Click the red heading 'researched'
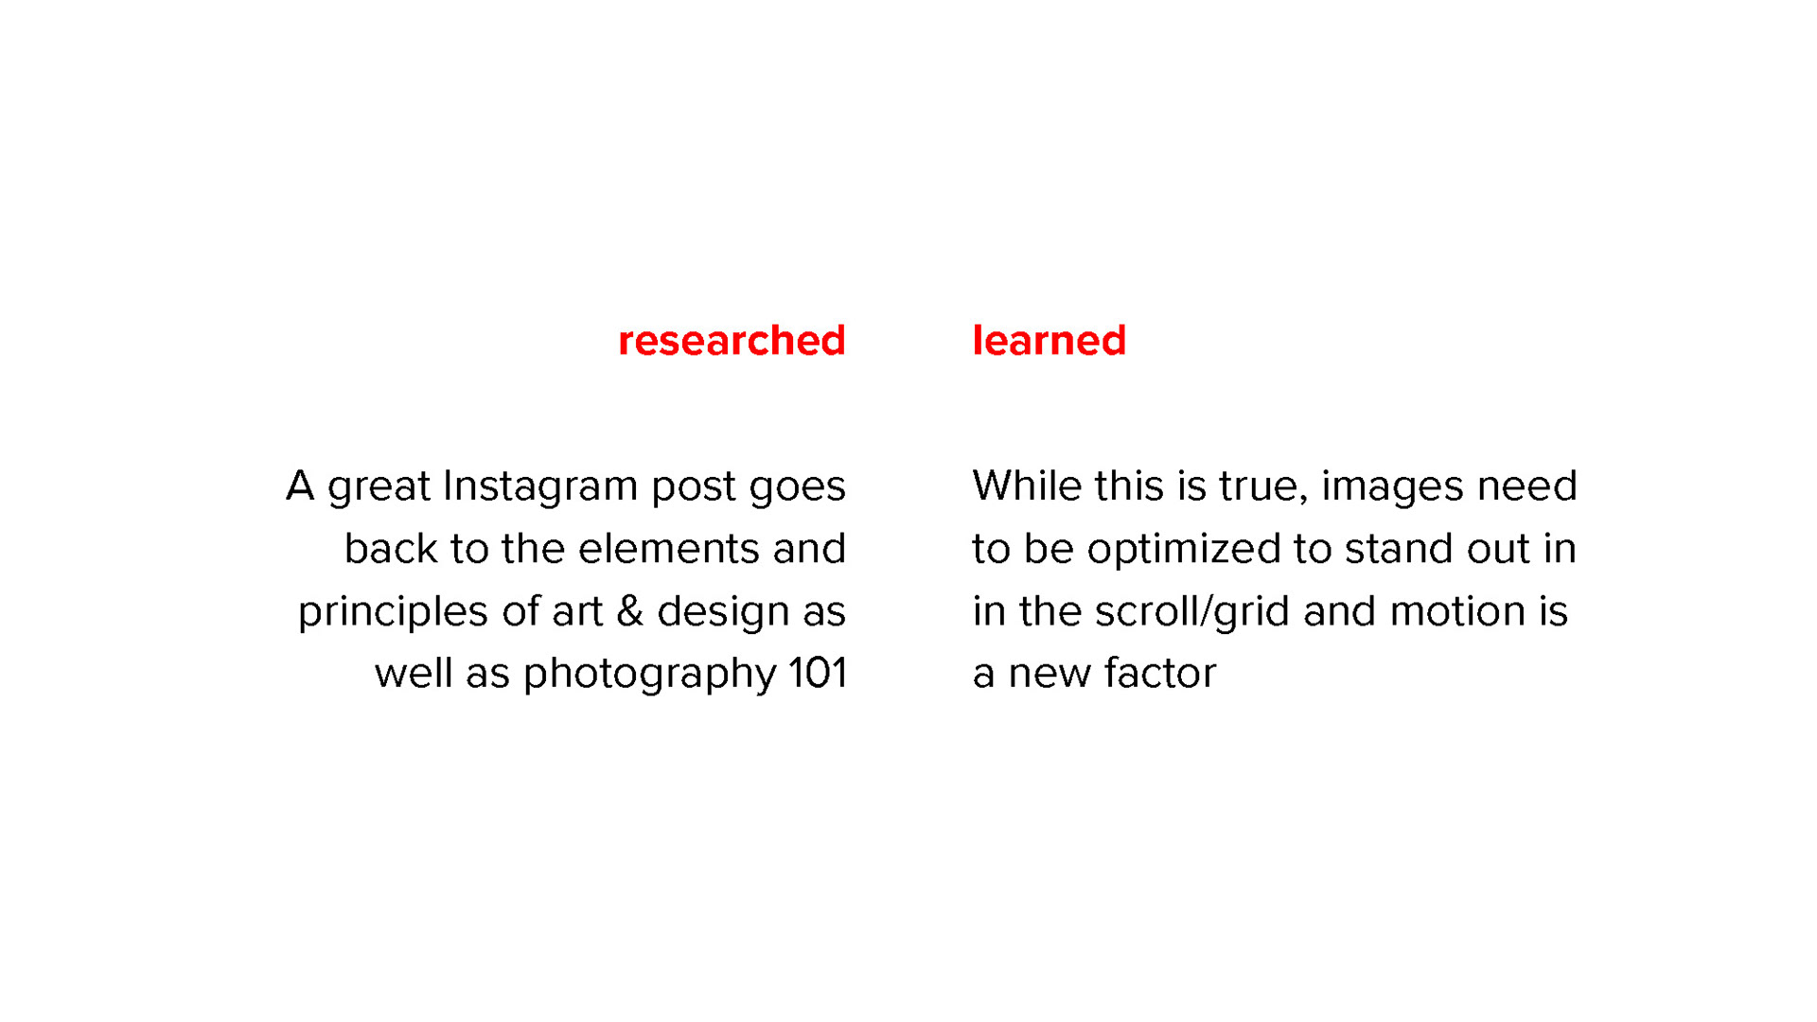(732, 341)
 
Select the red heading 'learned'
(1050, 341)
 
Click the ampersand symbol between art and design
(630, 611)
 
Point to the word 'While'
(1027, 486)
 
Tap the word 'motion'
(1457, 611)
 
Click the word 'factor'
(1160, 674)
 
